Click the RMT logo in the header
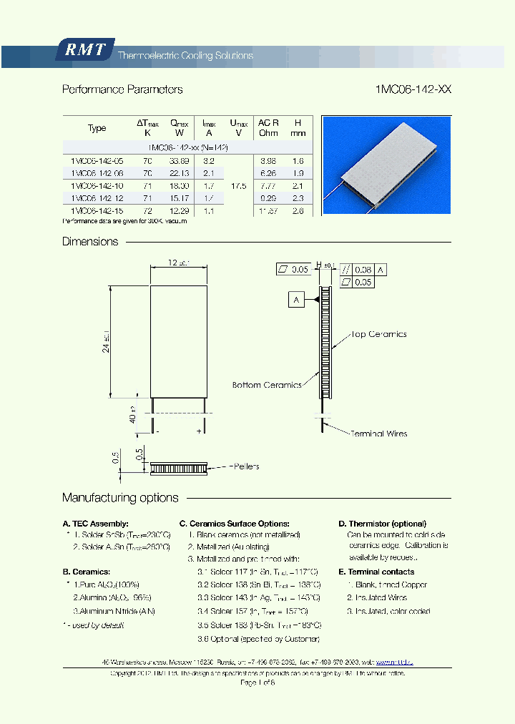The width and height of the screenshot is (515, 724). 84,50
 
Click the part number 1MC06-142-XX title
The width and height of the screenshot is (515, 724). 413,89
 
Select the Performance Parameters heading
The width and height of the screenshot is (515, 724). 122,89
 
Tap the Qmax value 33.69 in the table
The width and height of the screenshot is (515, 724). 179,161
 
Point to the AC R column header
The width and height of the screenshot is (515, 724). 268,123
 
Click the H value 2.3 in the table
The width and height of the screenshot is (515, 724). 298,198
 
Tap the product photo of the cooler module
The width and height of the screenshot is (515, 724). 386,165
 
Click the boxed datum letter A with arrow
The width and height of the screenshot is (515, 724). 296,300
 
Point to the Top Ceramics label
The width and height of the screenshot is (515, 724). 378,334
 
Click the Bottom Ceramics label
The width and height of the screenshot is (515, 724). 267,385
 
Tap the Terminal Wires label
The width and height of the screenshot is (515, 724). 378,434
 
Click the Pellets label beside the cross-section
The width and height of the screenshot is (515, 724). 245,466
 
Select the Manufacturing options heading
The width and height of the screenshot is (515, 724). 120,497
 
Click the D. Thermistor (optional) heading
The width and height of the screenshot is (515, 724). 386,524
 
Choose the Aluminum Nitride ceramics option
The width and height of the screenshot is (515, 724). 114,611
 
